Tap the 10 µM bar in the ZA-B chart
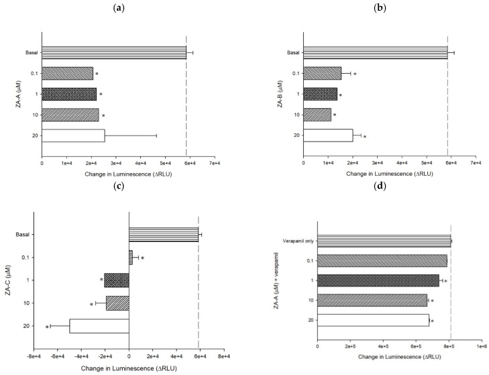(317, 115)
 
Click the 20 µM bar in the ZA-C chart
(99, 326)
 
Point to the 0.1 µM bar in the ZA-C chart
(131, 256)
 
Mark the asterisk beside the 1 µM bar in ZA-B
(341, 95)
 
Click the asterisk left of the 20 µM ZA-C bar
(47, 327)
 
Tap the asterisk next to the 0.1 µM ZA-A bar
(97, 74)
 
